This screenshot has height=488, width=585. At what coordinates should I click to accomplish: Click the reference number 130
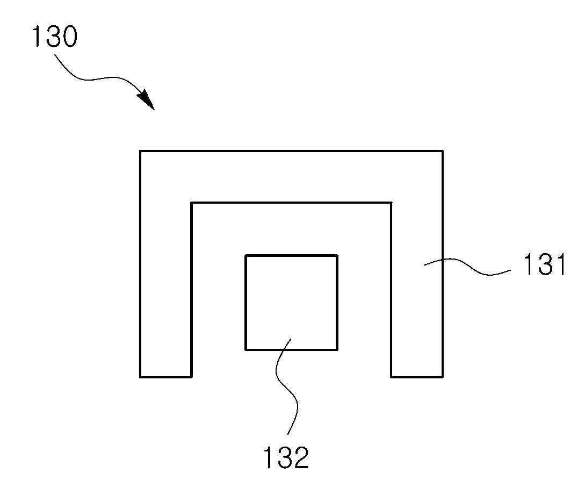coord(55,37)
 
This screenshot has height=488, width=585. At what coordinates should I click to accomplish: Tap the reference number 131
coord(545,264)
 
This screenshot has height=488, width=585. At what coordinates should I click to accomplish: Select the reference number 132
coord(286,457)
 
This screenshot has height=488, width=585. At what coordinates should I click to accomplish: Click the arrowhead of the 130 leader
coord(147,99)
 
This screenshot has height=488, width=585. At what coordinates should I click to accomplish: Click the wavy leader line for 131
coord(467,267)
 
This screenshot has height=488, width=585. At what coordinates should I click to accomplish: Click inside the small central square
coord(291,303)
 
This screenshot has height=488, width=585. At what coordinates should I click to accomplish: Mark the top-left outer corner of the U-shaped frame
coord(140,151)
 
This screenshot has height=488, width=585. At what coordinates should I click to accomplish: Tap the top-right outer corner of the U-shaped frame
coord(443,151)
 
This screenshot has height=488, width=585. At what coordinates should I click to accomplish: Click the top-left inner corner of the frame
coord(191,203)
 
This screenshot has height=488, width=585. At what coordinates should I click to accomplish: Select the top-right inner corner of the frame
coord(392,203)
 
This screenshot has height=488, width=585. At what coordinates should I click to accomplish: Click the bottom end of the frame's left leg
coord(165,377)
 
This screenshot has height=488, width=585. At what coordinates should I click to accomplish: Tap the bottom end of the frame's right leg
coord(417,377)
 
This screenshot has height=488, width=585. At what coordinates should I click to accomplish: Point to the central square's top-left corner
coord(245,255)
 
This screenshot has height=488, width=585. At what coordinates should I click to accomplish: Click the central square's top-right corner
coord(338,255)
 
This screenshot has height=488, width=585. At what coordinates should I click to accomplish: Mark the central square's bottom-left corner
coord(245,350)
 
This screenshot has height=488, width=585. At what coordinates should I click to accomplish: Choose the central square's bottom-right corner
coord(338,350)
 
